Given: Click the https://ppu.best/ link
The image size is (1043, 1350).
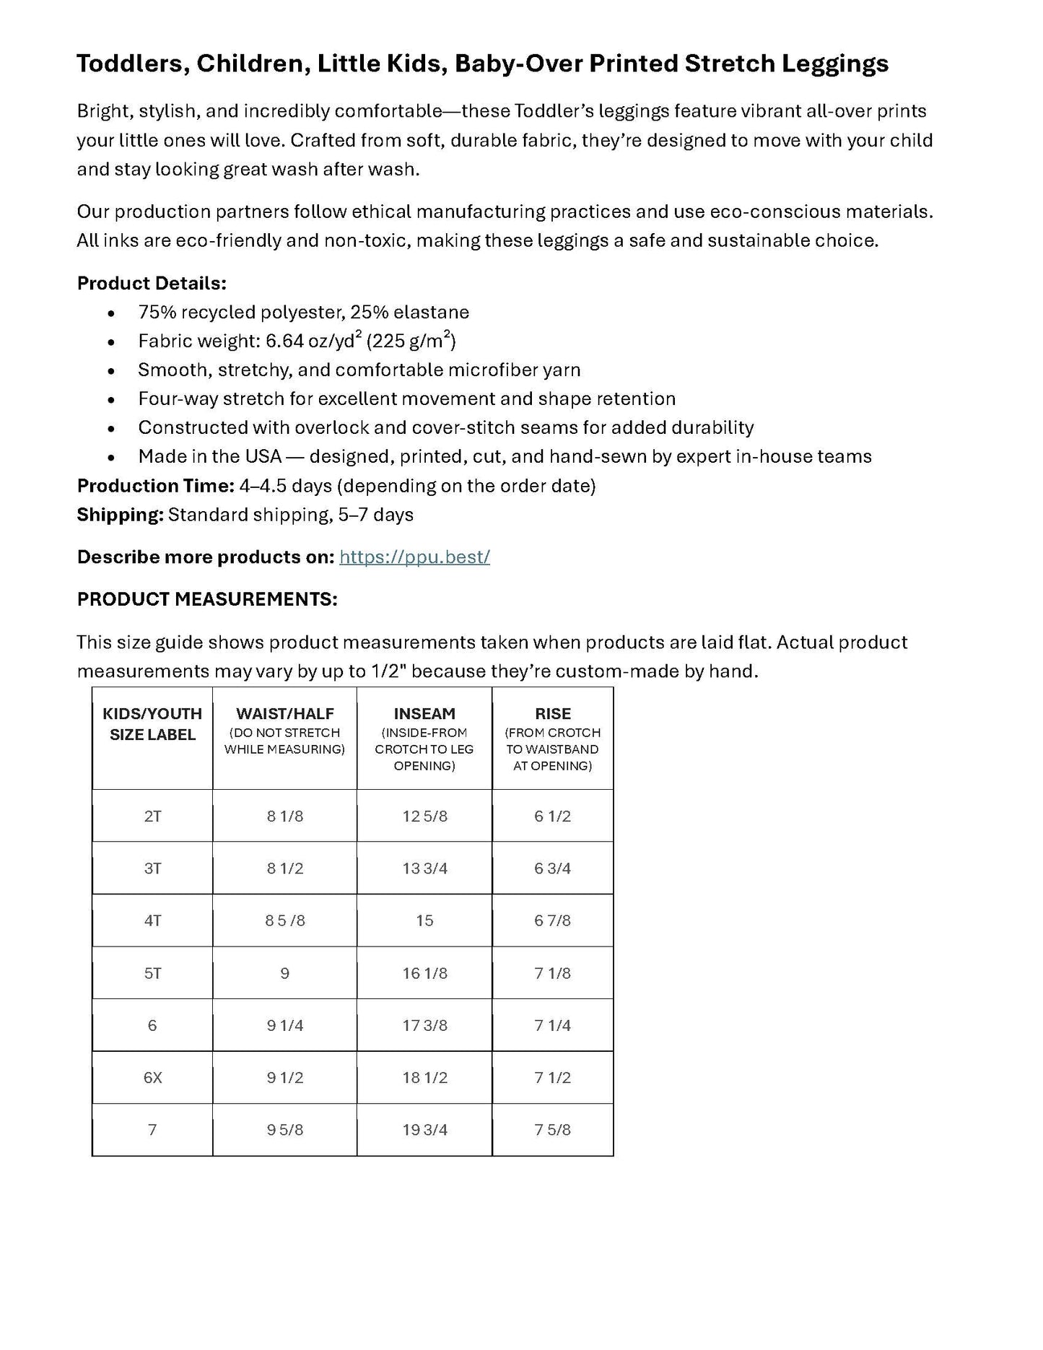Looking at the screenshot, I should pos(414,557).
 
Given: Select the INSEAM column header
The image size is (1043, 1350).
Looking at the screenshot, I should pos(424,714).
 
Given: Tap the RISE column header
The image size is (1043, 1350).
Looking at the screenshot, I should pos(553,714).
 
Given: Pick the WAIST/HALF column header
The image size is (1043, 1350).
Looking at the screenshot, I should pos(285,714).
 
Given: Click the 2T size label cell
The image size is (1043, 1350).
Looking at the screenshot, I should pos(152,816).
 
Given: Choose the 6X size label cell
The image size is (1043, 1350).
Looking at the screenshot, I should pos(152,1078).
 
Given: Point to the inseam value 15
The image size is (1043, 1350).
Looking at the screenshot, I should pos(424,921).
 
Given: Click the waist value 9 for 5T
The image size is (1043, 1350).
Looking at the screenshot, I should pos(284,974).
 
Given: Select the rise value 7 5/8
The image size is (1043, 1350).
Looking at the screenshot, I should pos(553,1131).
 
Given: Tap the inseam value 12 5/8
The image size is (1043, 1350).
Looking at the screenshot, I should pos(424,816).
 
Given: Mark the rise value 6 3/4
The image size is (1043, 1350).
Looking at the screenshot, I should pos(553,868).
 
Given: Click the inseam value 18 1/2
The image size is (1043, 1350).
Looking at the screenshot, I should pos(424,1078).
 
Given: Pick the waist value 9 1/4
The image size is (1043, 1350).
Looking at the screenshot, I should pos(284,1026).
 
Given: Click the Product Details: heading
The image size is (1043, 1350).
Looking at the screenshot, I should pos(152,284).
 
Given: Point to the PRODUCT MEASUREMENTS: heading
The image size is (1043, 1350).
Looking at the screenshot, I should pos(207,600).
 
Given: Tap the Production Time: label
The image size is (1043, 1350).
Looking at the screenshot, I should pos(155,486).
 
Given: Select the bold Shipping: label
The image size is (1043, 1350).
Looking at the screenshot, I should pos(121,515).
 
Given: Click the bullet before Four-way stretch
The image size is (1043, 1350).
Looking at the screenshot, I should pos(110,400).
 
